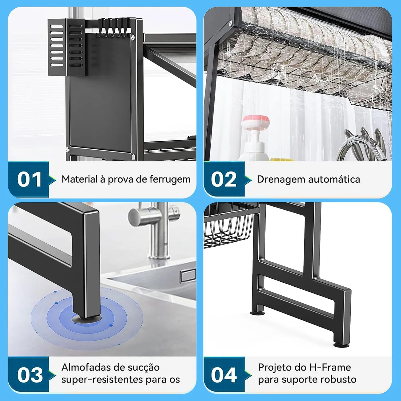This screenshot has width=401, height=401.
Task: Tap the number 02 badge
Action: pyautogui.click(x=224, y=179)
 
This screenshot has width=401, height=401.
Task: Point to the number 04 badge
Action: pyautogui.click(x=224, y=375)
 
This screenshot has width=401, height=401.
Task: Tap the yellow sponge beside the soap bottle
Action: pyautogui.click(x=282, y=159)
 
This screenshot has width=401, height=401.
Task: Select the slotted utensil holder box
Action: pyautogui.click(x=66, y=47)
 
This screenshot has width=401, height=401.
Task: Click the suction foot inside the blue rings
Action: pyautogui.click(x=87, y=319)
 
